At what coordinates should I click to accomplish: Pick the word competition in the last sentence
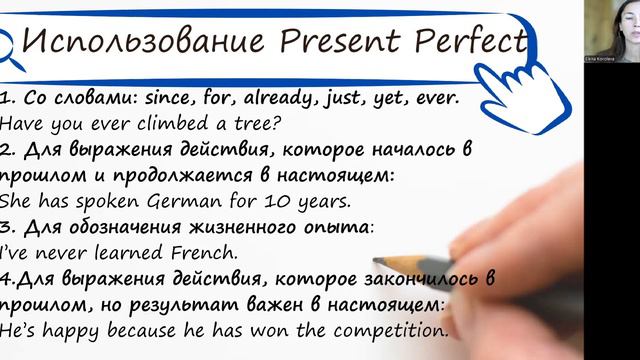385,327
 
